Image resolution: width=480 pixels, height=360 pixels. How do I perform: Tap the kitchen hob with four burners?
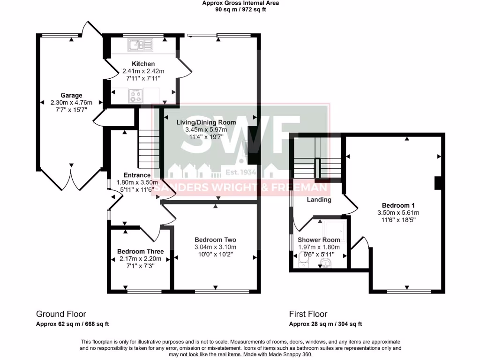(x=136, y=96)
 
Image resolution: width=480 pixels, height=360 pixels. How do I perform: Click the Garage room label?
(x=71, y=95)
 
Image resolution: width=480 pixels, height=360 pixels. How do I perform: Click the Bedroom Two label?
(x=215, y=239)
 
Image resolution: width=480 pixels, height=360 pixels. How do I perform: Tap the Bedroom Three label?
(x=140, y=251)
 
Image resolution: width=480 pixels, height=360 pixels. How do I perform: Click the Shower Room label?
(x=319, y=240)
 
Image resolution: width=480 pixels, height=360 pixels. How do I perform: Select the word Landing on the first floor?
(x=319, y=200)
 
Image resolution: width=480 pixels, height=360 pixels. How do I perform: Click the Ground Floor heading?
(x=61, y=314)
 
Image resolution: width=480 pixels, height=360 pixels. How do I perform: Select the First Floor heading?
(x=308, y=314)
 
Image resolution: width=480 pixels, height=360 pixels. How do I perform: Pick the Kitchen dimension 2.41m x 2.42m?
(x=143, y=71)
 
